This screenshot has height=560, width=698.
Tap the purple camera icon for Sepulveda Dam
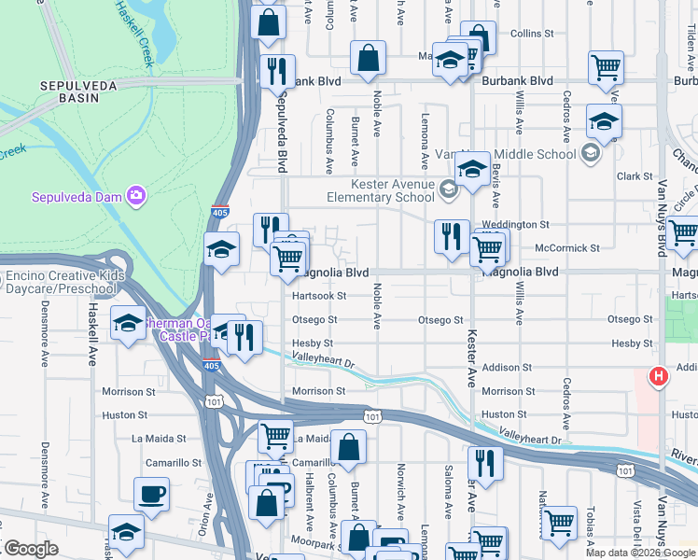click(137, 195)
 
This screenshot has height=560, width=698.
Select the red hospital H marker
click(658, 377)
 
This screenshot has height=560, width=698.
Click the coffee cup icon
click(150, 494)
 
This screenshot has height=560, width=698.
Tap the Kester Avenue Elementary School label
click(380, 190)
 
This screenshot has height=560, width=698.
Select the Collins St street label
click(532, 34)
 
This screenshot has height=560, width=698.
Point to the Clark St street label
click(634, 176)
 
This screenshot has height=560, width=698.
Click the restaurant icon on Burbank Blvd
click(276, 71)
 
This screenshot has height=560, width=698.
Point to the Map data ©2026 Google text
click(640, 553)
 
